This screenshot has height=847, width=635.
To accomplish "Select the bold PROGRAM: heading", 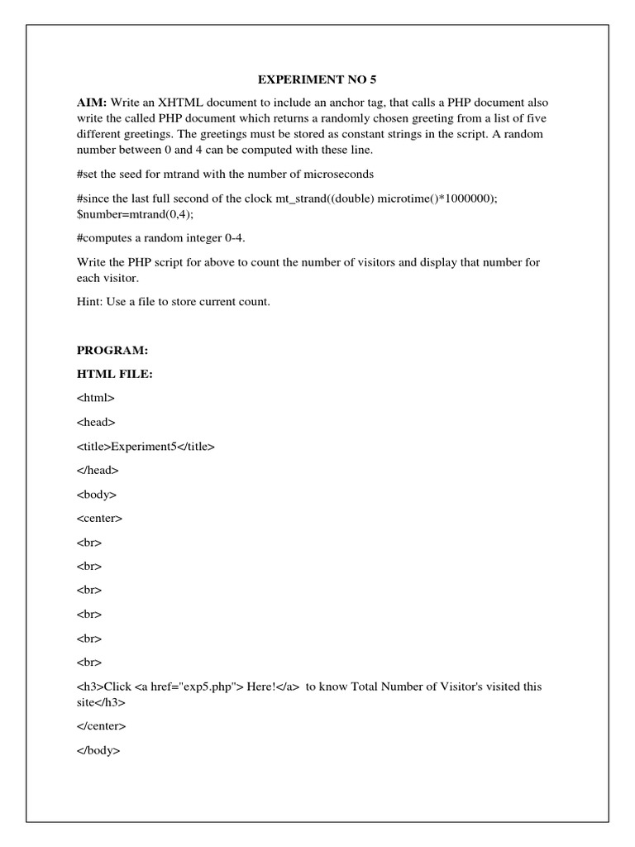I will (x=111, y=351).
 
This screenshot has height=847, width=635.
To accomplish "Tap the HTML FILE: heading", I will (x=114, y=375).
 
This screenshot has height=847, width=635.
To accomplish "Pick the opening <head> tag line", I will (x=96, y=423).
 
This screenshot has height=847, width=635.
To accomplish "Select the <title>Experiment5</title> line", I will (x=146, y=447).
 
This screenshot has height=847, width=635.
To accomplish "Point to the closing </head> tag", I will (x=98, y=471).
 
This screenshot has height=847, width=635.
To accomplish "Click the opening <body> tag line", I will (x=97, y=495).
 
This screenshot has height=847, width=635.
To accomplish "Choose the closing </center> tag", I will (x=101, y=726).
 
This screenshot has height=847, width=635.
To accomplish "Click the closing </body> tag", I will (x=98, y=750).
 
